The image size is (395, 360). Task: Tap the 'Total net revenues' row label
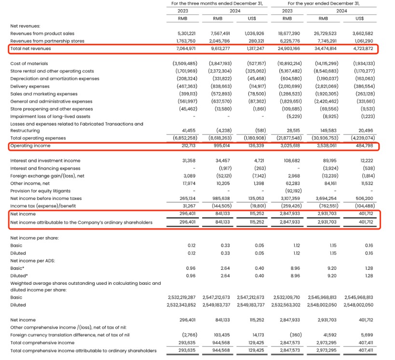[x=31, y=49]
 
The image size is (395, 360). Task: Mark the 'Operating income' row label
[x=30, y=146]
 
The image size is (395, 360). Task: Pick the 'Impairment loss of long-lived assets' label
[x=50, y=116]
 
